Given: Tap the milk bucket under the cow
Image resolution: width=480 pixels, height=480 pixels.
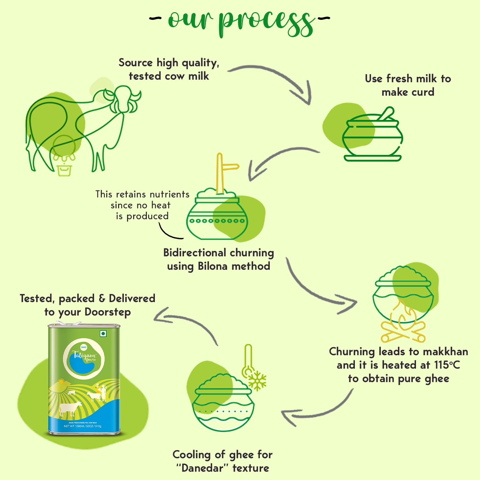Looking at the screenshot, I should pyautogui.click(x=64, y=169).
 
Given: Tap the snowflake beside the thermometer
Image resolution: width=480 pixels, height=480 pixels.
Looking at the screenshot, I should pyautogui.click(x=257, y=381).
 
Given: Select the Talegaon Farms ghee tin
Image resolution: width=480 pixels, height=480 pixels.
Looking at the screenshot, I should pyautogui.click(x=84, y=379).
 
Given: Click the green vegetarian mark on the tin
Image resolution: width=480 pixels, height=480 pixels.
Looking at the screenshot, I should pyautogui.click(x=103, y=334).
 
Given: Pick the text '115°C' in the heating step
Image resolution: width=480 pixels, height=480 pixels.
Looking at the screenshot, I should pyautogui.click(x=447, y=365).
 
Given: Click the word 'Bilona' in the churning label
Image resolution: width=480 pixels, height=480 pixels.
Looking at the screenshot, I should pyautogui.click(x=212, y=266).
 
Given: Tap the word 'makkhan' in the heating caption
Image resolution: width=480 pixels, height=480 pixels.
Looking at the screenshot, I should pyautogui.click(x=445, y=352).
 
